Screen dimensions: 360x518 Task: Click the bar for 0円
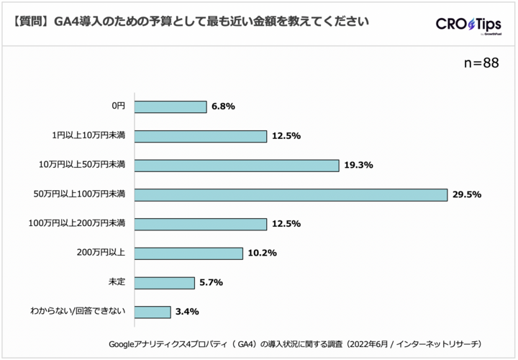[x=170, y=107]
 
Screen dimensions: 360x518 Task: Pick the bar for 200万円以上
[x=188, y=253]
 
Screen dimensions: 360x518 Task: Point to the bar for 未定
[x=164, y=282]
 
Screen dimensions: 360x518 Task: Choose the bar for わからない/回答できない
[x=152, y=312]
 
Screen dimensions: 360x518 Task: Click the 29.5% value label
[x=466, y=194]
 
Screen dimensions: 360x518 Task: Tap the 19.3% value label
[x=358, y=165]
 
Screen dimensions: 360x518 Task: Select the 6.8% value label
[x=223, y=107]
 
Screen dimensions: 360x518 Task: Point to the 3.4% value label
[x=186, y=312]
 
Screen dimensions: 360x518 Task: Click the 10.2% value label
[x=262, y=253]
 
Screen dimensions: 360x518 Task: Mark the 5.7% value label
[x=211, y=282]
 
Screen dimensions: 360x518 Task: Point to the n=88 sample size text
[x=481, y=63]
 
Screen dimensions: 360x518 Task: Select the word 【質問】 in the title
[x=30, y=22]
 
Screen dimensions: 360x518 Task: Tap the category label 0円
[x=119, y=107]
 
